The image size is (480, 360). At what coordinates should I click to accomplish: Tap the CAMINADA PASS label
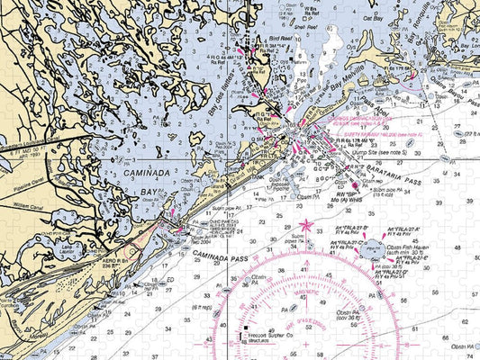tap(220, 258)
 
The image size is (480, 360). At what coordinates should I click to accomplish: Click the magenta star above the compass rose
tap(306, 224)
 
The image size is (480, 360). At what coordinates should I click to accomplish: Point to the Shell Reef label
tap(311, 28)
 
